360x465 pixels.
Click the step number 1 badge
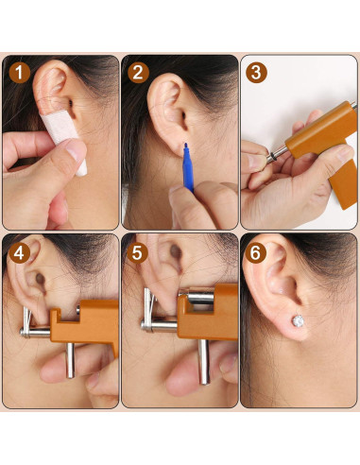pos(18,72)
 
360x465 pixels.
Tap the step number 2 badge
pos(138,72)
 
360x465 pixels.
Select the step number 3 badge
pos(257,72)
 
